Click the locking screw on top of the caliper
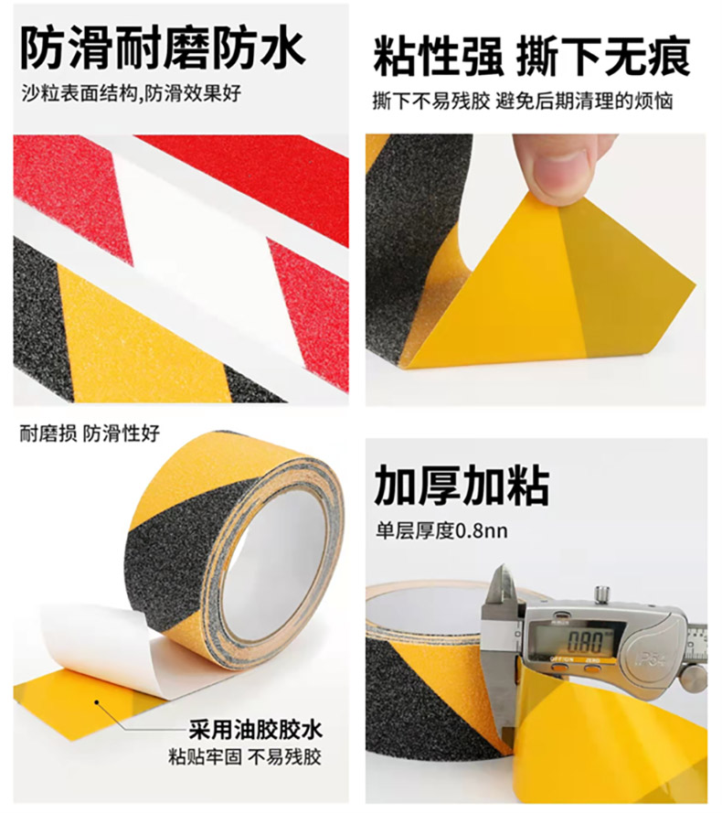pyautogui.click(x=601, y=595)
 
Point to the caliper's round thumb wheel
pyautogui.click(x=693, y=679)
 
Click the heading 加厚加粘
pyautogui.click(x=461, y=486)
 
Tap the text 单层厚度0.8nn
pyautogui.click(x=441, y=531)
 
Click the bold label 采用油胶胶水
pyautogui.click(x=255, y=730)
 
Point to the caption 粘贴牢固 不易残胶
pyautogui.click(x=245, y=757)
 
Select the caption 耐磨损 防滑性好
pyautogui.click(x=90, y=433)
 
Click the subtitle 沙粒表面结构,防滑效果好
pyautogui.click(x=131, y=94)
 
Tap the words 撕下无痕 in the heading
pyautogui.click(x=603, y=57)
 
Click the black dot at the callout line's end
pyautogui.click(x=96, y=702)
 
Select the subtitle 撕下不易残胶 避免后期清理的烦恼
pyautogui.click(x=523, y=101)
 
